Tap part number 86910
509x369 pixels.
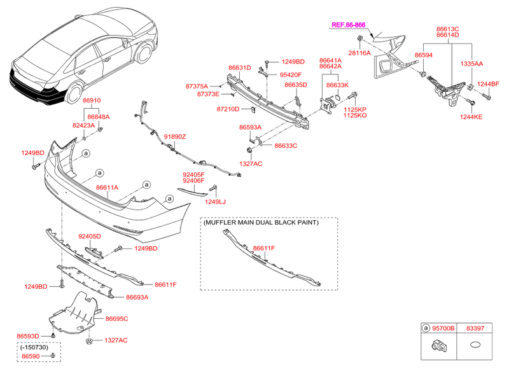[93, 101]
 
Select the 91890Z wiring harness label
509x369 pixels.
[175, 137]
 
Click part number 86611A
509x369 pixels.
[107, 188]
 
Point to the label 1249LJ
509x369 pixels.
[215, 202]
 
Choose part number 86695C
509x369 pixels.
[117, 318]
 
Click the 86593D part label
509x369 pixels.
[27, 335]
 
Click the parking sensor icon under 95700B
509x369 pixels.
[439, 347]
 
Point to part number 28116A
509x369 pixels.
[358, 53]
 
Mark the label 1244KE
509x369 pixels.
[471, 116]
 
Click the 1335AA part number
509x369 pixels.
[471, 64]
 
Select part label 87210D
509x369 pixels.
[228, 109]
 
